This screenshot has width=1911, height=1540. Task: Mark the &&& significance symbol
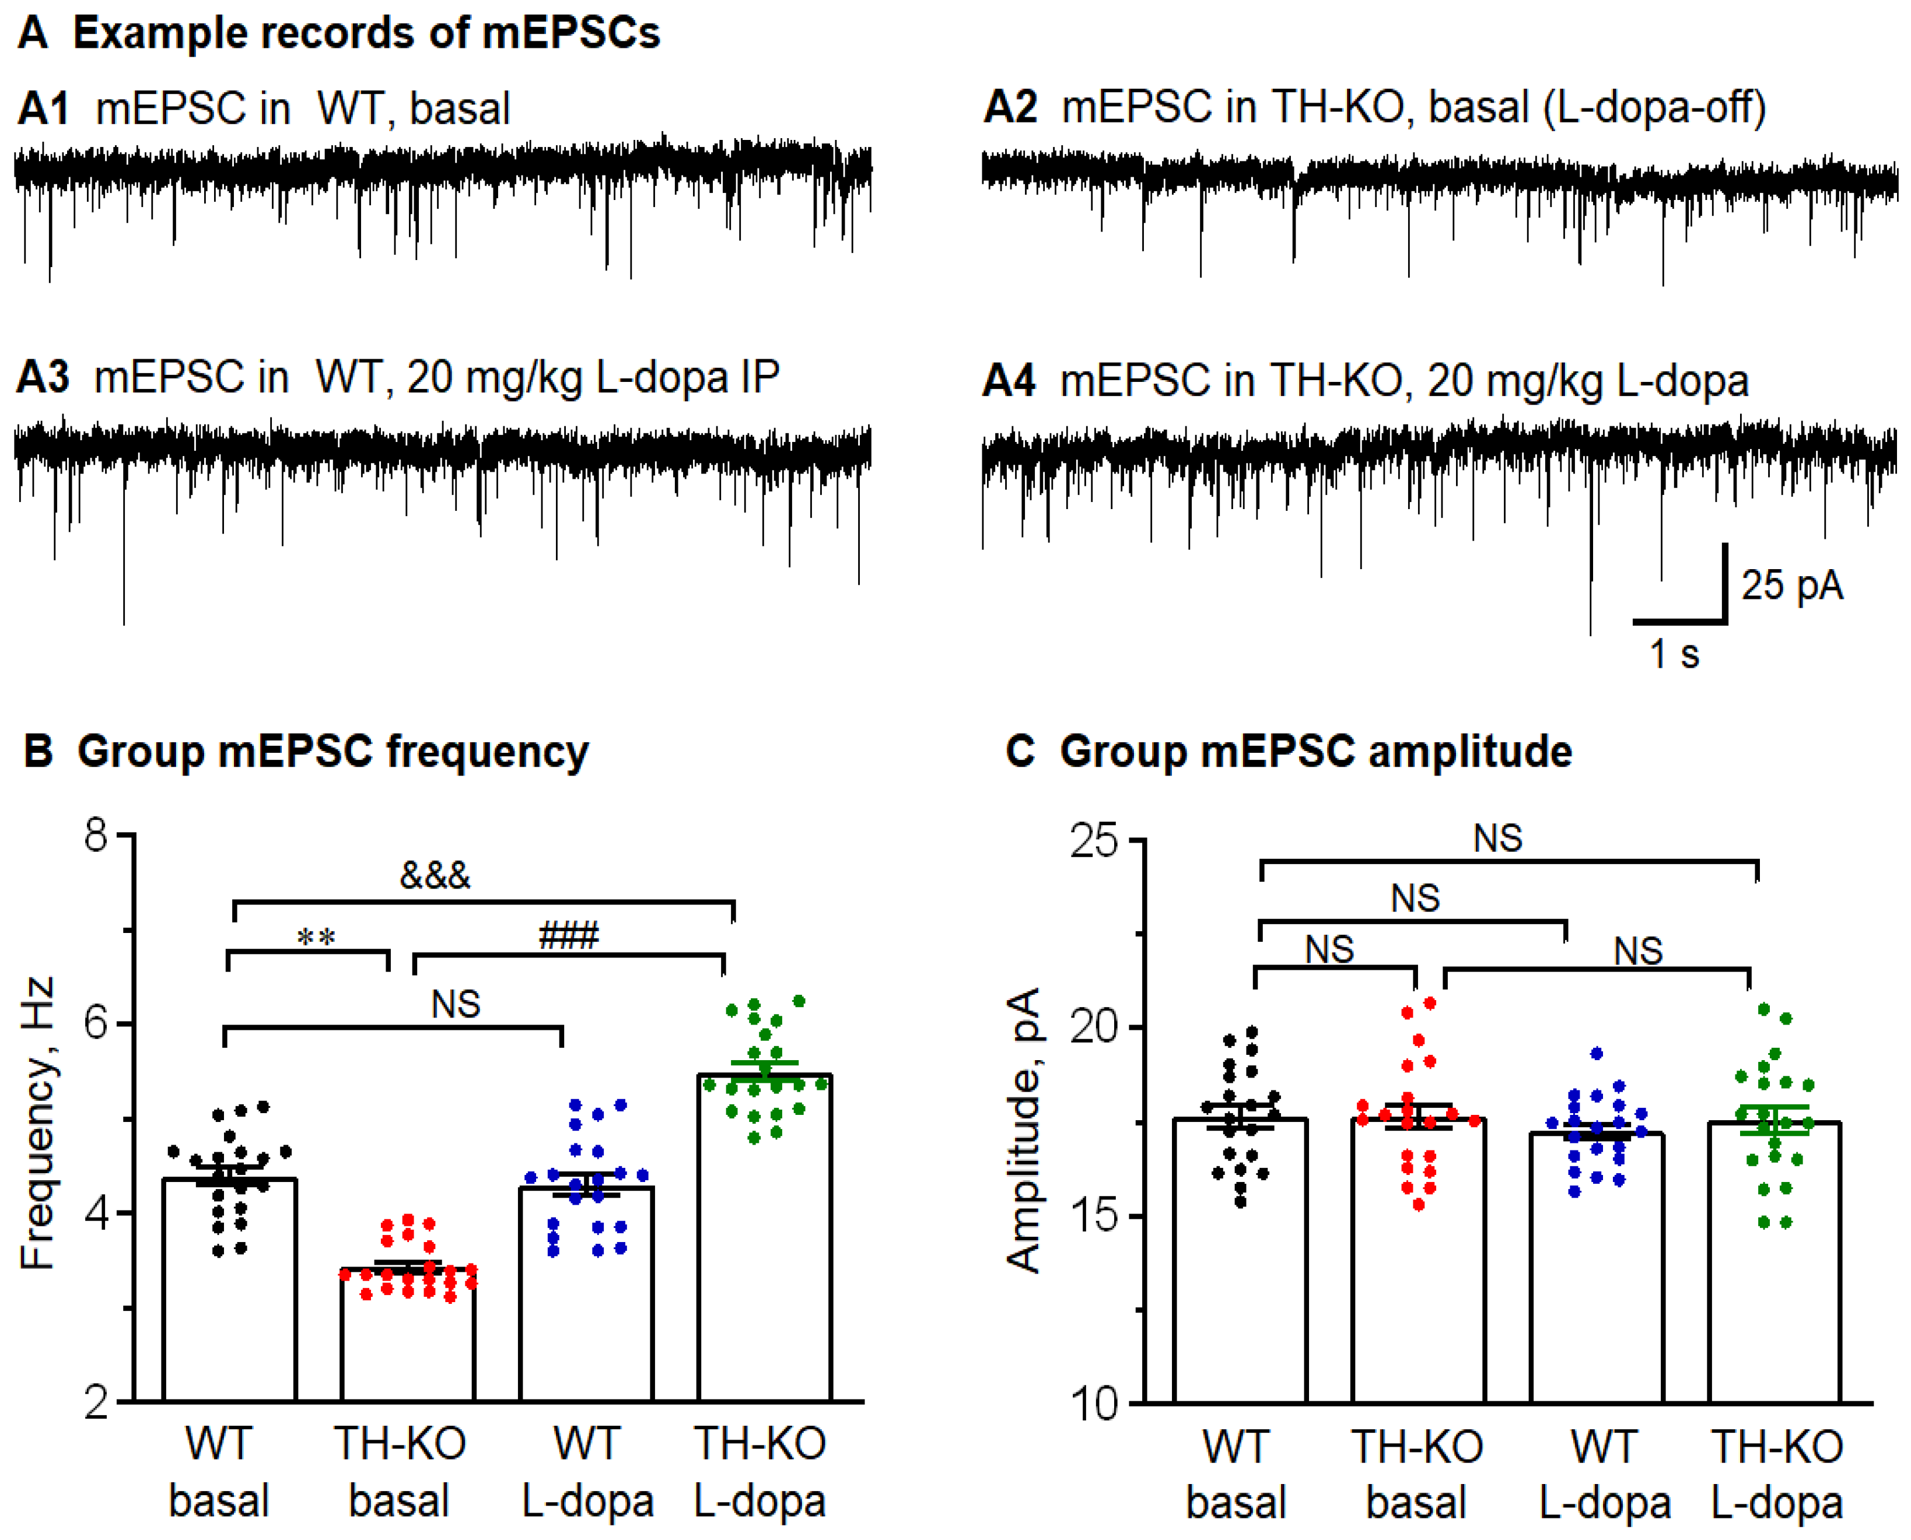tap(435, 876)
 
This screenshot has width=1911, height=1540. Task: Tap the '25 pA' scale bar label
tap(1791, 585)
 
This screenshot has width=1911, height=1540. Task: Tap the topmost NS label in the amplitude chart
tap(1497, 839)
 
